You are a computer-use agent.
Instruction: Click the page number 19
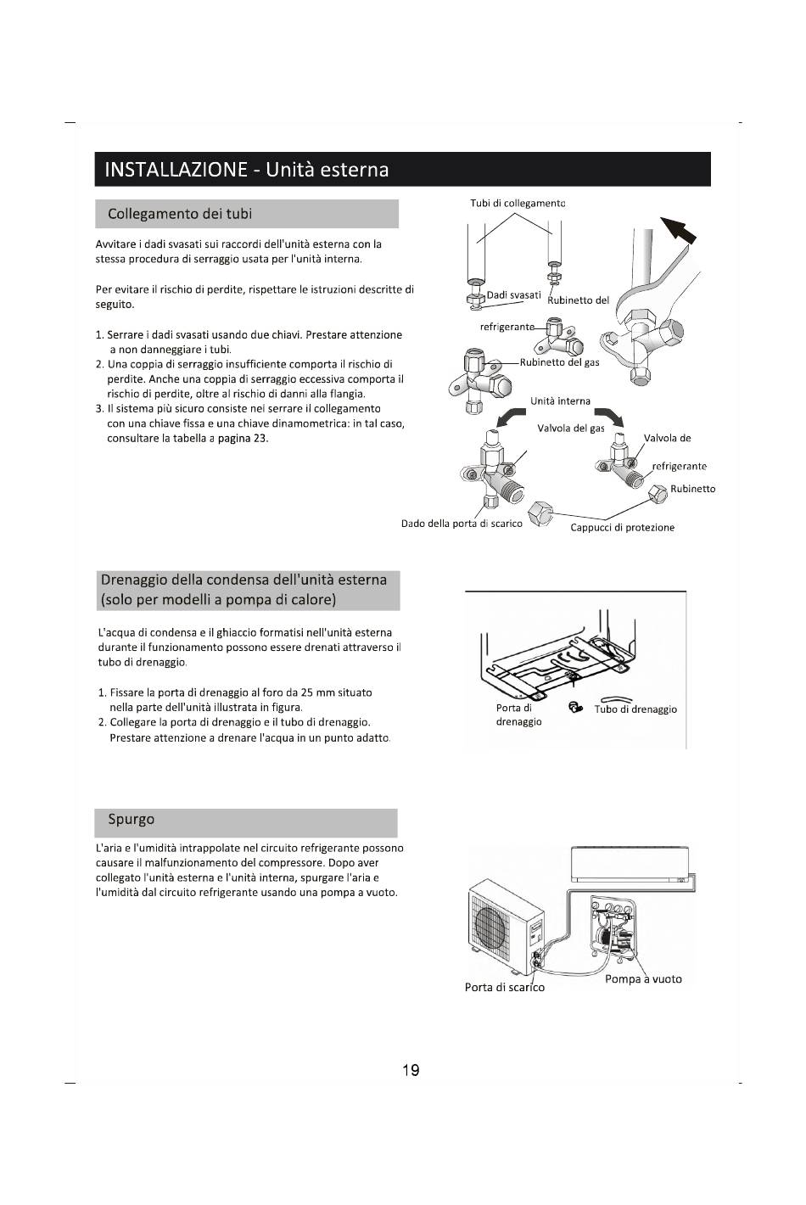[x=411, y=1070]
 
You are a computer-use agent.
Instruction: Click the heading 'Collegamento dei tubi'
[x=180, y=214]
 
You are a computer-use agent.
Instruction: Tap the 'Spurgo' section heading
[x=132, y=820]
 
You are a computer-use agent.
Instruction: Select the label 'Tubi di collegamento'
[x=518, y=203]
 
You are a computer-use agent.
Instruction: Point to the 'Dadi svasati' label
[x=514, y=295]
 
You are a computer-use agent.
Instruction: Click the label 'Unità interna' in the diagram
[x=560, y=401]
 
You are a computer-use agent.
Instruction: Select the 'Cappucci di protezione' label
[x=622, y=528]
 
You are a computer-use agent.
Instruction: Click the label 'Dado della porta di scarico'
[x=462, y=524]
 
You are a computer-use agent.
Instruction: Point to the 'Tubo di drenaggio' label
[x=635, y=709]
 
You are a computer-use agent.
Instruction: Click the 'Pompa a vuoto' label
[x=643, y=979]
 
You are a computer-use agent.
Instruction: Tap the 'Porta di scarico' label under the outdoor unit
[x=505, y=988]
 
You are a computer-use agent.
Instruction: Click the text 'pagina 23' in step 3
[x=243, y=439]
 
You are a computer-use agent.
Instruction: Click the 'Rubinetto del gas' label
[x=559, y=362]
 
